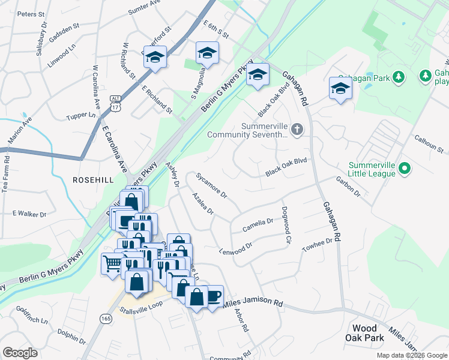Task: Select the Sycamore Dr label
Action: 211,185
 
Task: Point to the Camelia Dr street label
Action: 258,225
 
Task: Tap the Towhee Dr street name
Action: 317,244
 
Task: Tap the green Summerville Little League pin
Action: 404,167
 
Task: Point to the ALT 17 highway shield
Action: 116,103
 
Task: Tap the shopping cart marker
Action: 112,263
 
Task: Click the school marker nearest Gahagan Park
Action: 340,88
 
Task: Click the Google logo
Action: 20,353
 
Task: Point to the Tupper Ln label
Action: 80,115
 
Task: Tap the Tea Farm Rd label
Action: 7,173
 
